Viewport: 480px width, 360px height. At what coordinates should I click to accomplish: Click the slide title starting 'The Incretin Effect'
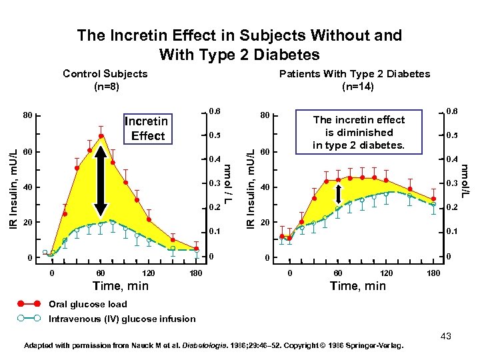[x=239, y=44]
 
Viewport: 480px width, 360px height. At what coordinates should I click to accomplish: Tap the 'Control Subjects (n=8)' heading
[x=105, y=79]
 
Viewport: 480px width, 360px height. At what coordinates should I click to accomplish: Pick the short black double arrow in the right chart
[x=339, y=193]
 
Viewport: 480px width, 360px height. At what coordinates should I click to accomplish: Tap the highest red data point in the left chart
[x=101, y=137]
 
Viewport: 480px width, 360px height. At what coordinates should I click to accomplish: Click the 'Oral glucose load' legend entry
[x=87, y=304]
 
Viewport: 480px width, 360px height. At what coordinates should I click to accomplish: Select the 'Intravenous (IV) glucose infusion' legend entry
[x=122, y=319]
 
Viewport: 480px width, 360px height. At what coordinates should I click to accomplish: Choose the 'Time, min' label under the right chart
[x=358, y=286]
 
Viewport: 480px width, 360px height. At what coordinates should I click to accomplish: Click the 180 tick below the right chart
[x=432, y=273]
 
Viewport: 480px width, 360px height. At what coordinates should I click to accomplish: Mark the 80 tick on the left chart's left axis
[x=27, y=115]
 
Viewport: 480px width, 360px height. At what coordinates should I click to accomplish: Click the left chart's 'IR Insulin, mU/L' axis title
[x=11, y=187]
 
